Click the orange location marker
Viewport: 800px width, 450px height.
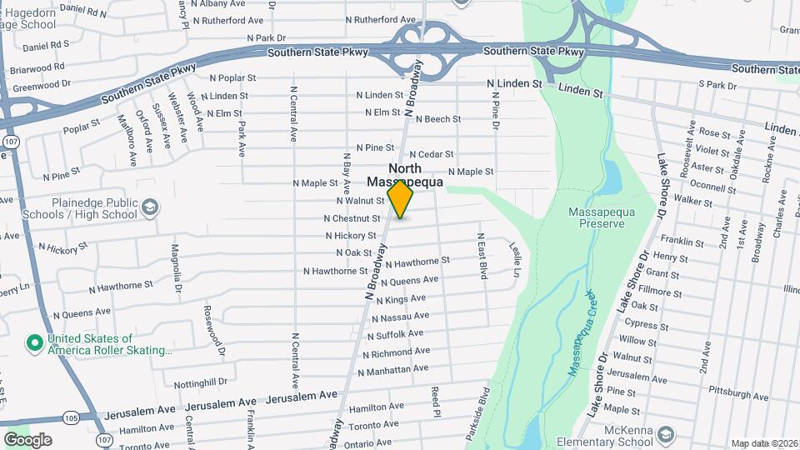coord(401,200)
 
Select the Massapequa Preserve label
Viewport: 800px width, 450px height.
coord(596,218)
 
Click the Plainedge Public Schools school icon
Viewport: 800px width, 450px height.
coord(150,207)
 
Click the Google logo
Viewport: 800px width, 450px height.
coord(27,440)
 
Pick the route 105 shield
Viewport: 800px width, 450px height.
coord(71,417)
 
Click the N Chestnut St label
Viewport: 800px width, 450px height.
coord(352,218)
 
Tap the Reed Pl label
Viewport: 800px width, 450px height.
coord(435,401)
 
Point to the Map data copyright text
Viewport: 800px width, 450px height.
coord(764,443)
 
